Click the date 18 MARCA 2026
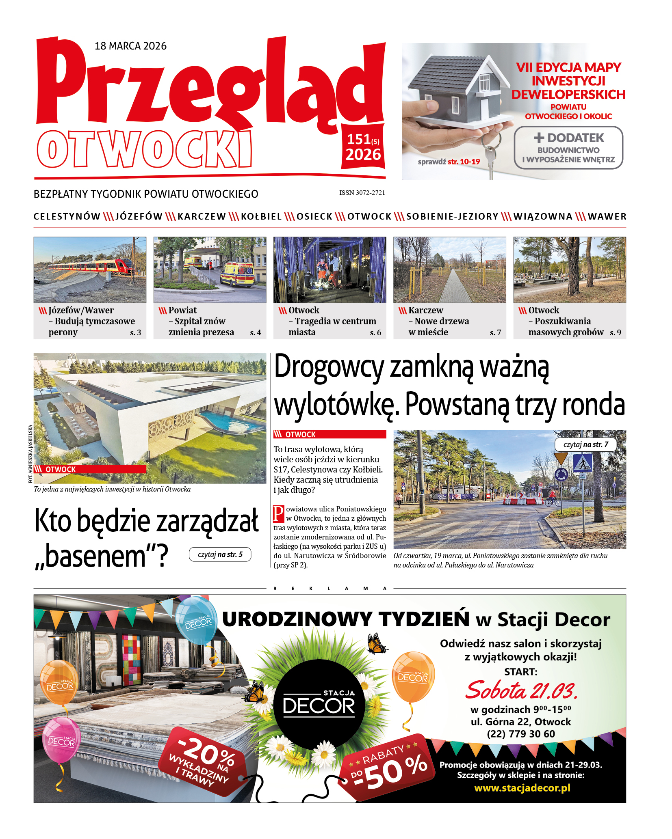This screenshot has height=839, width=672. pos(130,46)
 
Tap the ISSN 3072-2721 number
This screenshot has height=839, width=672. pos(362,193)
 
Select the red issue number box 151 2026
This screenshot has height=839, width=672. pos(363,147)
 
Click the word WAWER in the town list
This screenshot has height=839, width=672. pos(607,217)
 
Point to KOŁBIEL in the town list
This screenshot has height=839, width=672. pos(261,217)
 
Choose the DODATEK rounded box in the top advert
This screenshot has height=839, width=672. pos(568,148)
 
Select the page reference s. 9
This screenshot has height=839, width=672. pos(615,332)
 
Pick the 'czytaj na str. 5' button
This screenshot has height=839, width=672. pos(220,554)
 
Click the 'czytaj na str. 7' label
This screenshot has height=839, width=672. pos(585,444)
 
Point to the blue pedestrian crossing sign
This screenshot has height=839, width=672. pos(582,463)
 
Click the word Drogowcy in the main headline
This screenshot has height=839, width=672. pos(329,367)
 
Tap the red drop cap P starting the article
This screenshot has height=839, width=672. pos(278,513)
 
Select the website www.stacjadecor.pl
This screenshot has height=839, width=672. pos(522,788)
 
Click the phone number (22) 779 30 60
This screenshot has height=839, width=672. pos(521,734)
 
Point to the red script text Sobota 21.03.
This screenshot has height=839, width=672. pos(521,690)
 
